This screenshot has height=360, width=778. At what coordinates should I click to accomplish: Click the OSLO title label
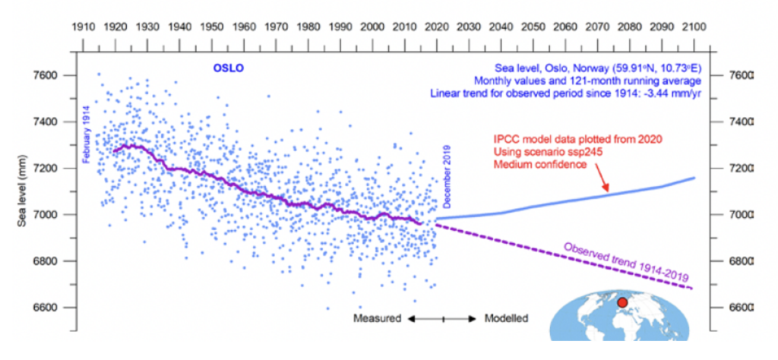226,70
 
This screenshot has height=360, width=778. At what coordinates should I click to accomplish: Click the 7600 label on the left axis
48,76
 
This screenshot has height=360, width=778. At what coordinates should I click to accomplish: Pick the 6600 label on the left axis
48,308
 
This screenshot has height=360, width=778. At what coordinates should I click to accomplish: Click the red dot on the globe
622,304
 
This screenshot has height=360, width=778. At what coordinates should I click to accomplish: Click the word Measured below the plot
378,318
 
